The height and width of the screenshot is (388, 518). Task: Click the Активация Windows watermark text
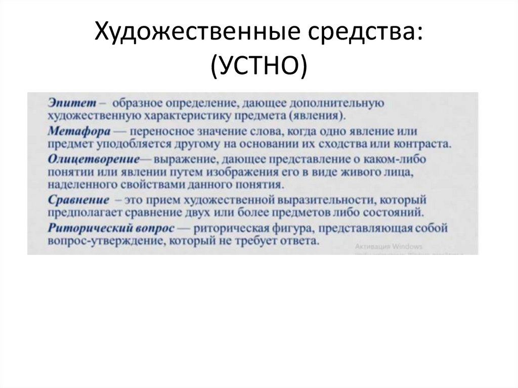pyautogui.click(x=388, y=246)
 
